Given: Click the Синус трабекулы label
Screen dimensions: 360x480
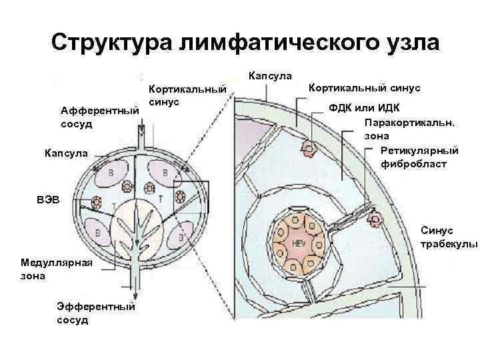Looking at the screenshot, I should coord(449,237).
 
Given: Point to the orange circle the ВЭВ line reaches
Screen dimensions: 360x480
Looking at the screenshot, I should coord(97,202).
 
